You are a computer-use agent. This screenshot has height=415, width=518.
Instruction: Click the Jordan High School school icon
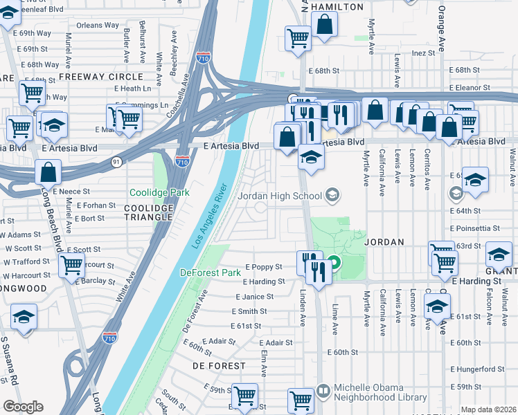coord(333,196)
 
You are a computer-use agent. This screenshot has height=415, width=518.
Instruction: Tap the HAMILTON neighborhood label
coord(337,7)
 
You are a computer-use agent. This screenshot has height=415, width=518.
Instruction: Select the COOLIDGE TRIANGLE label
coord(148,212)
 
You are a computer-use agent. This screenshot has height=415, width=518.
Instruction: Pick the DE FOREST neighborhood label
coord(219,365)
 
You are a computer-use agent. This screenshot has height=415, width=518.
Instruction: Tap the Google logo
coord(23,407)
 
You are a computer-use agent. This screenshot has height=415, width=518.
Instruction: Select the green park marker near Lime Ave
coord(333,263)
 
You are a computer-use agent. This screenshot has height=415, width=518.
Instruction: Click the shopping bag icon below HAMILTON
coord(324,25)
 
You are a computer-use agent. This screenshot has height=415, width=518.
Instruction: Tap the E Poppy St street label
coord(264,267)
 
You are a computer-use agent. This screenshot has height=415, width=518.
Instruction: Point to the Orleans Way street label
coord(98,26)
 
